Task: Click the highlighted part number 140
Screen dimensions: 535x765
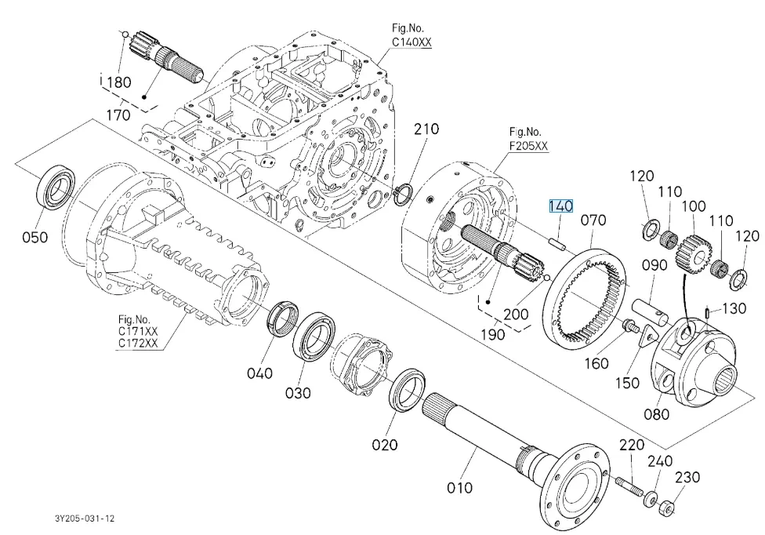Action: [x=560, y=206]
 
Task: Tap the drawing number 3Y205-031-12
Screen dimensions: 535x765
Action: [x=85, y=519]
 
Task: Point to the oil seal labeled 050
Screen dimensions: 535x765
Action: [x=56, y=186]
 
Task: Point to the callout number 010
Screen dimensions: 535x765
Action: [x=459, y=487]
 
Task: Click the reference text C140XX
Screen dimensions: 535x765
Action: [x=412, y=44]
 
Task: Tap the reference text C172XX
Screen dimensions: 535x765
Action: [x=138, y=344]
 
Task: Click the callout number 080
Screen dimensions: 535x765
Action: [x=656, y=413]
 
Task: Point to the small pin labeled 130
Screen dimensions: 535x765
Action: [x=709, y=313]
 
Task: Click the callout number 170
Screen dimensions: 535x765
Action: [x=118, y=115]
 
